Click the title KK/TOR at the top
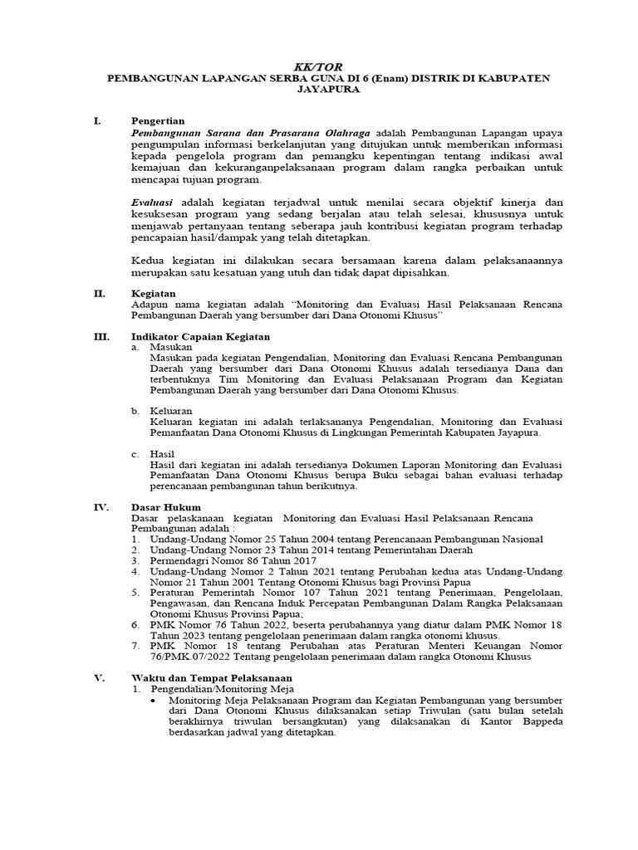pyautogui.click(x=318, y=66)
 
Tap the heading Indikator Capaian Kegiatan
pyautogui.click(x=200, y=337)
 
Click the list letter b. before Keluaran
pyautogui.click(x=135, y=411)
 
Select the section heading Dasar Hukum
pyautogui.click(x=166, y=506)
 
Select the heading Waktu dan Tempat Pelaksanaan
pyautogui.click(x=212, y=678)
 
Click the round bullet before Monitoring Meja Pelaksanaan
pyautogui.click(x=154, y=701)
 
